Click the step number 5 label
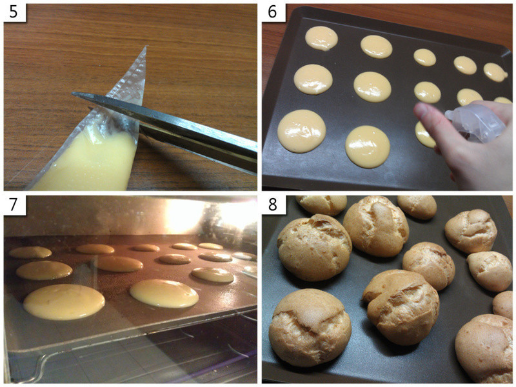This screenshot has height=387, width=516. [14, 12]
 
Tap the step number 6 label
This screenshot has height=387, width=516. [272, 12]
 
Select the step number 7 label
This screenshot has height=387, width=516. [14, 204]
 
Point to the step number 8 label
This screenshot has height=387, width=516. [272, 204]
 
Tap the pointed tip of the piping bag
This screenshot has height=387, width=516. [146, 46]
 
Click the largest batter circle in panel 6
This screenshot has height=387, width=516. [302, 131]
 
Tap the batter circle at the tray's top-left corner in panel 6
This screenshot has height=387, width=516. [321, 38]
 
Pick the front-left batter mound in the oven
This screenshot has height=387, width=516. [64, 302]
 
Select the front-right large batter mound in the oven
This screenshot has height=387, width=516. [164, 293]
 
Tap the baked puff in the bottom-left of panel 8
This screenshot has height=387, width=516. [310, 327]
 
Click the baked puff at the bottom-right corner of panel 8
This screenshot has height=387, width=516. [486, 349]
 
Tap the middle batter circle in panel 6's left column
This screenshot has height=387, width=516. [313, 79]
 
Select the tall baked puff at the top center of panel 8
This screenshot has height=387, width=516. [376, 226]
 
